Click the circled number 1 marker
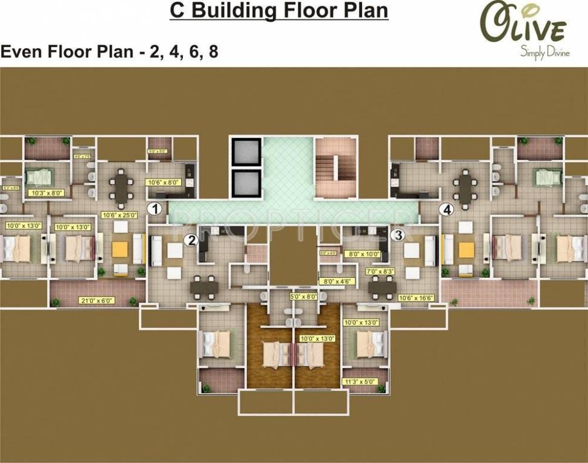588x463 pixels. click(x=156, y=210)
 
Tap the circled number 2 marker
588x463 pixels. click(x=191, y=240)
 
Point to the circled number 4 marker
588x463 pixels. click(x=446, y=210)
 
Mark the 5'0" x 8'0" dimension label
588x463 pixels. click(x=302, y=297)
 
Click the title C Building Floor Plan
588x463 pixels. click(x=278, y=11)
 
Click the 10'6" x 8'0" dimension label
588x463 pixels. click(x=164, y=181)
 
